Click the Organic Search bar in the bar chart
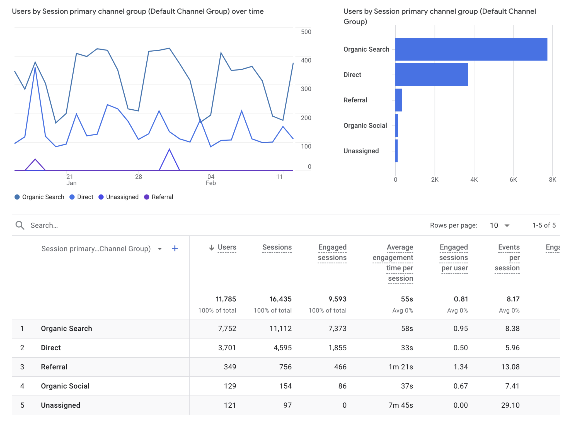[x=471, y=49]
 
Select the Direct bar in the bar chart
[x=431, y=74]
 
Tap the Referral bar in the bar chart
[x=399, y=100]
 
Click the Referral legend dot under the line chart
[x=147, y=197]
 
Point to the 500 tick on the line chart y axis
[x=306, y=32]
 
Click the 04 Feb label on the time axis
[x=211, y=180]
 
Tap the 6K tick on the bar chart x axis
[x=513, y=180]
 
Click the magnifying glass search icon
[x=20, y=225]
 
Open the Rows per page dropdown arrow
[x=507, y=225]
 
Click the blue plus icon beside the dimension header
[x=175, y=248]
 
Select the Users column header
[x=227, y=247]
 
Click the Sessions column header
[x=277, y=247]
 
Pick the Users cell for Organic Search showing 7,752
[x=227, y=328]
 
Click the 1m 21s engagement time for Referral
[x=401, y=367]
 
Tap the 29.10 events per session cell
[x=510, y=405]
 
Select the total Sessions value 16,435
[x=280, y=299]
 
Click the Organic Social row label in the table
[x=65, y=386]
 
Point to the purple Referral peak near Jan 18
[x=35, y=159]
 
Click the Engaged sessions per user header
[x=454, y=258]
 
